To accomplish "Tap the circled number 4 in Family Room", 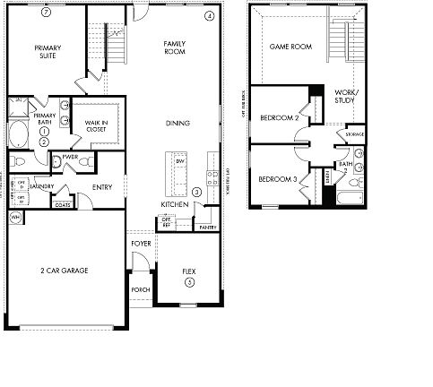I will [209, 16].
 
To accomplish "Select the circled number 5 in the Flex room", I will [188, 282].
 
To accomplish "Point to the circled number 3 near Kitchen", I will [196, 190].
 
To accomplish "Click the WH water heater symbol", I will [15, 218].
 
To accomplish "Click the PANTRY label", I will [209, 228].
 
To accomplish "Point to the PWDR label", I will [71, 156].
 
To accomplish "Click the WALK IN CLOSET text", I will [96, 125].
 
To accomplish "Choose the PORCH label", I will [140, 289].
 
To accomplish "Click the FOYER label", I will [142, 244].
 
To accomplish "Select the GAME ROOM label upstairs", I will [290, 47].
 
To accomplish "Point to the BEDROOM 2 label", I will [278, 117].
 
